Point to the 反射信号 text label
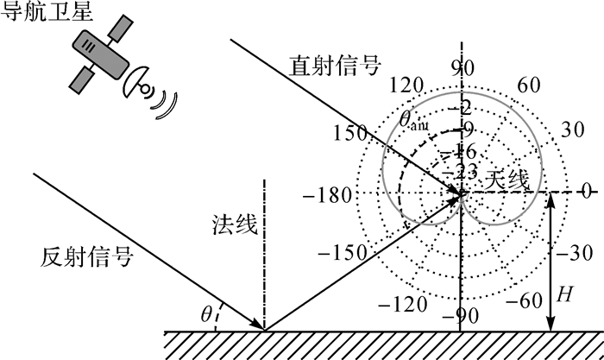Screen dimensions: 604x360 coord(86,256)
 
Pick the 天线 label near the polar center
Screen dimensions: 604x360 coord(505,180)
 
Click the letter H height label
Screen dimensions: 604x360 coord(565,294)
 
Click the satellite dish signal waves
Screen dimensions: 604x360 coord(164,97)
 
